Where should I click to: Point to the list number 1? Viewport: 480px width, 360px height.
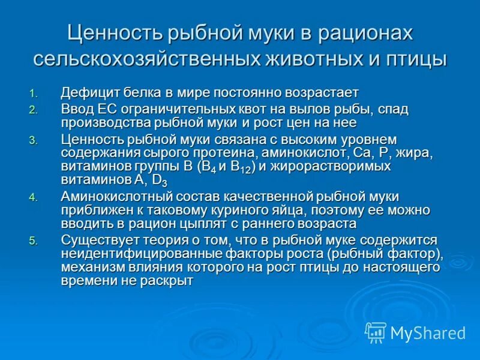(x=33, y=93)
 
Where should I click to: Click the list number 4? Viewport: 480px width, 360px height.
(x=33, y=197)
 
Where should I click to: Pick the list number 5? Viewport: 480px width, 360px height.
(x=33, y=240)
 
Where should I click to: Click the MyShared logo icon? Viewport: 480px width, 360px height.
(x=376, y=332)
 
